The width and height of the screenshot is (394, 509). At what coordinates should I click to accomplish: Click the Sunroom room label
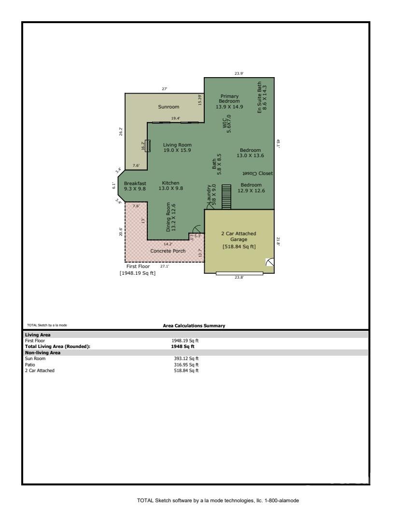[169, 107]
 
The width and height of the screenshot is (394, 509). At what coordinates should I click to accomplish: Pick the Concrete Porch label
[168, 251]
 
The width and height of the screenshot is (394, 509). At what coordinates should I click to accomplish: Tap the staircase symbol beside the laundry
[226, 197]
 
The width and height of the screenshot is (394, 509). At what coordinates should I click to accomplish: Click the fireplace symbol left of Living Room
[148, 146]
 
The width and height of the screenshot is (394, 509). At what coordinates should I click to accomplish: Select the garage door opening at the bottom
[239, 274]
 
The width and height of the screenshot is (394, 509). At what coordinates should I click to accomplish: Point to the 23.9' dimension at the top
[239, 73]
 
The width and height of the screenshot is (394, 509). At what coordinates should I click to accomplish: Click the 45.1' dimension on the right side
[278, 143]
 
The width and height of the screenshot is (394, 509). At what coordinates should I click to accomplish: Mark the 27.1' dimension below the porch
[165, 266]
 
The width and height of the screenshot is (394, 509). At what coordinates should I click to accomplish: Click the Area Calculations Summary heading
[194, 325]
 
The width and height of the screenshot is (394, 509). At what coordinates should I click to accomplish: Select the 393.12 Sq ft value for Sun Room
[186, 359]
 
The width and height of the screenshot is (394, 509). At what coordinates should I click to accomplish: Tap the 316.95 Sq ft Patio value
[186, 364]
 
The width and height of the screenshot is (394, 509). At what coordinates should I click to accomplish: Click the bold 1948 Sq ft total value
[183, 347]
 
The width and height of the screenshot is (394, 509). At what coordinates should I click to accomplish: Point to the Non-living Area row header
[42, 352]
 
